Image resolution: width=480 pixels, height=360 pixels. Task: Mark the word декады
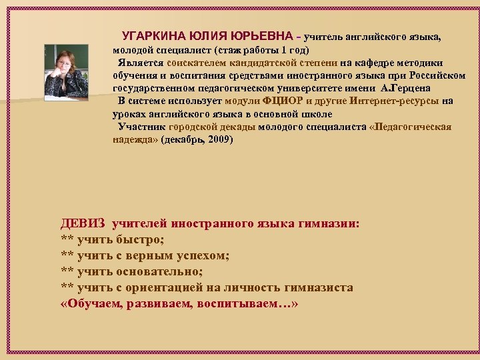(235, 127)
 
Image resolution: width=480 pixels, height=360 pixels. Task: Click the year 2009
(217, 139)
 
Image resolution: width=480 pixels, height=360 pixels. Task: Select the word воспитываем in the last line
(252, 304)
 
